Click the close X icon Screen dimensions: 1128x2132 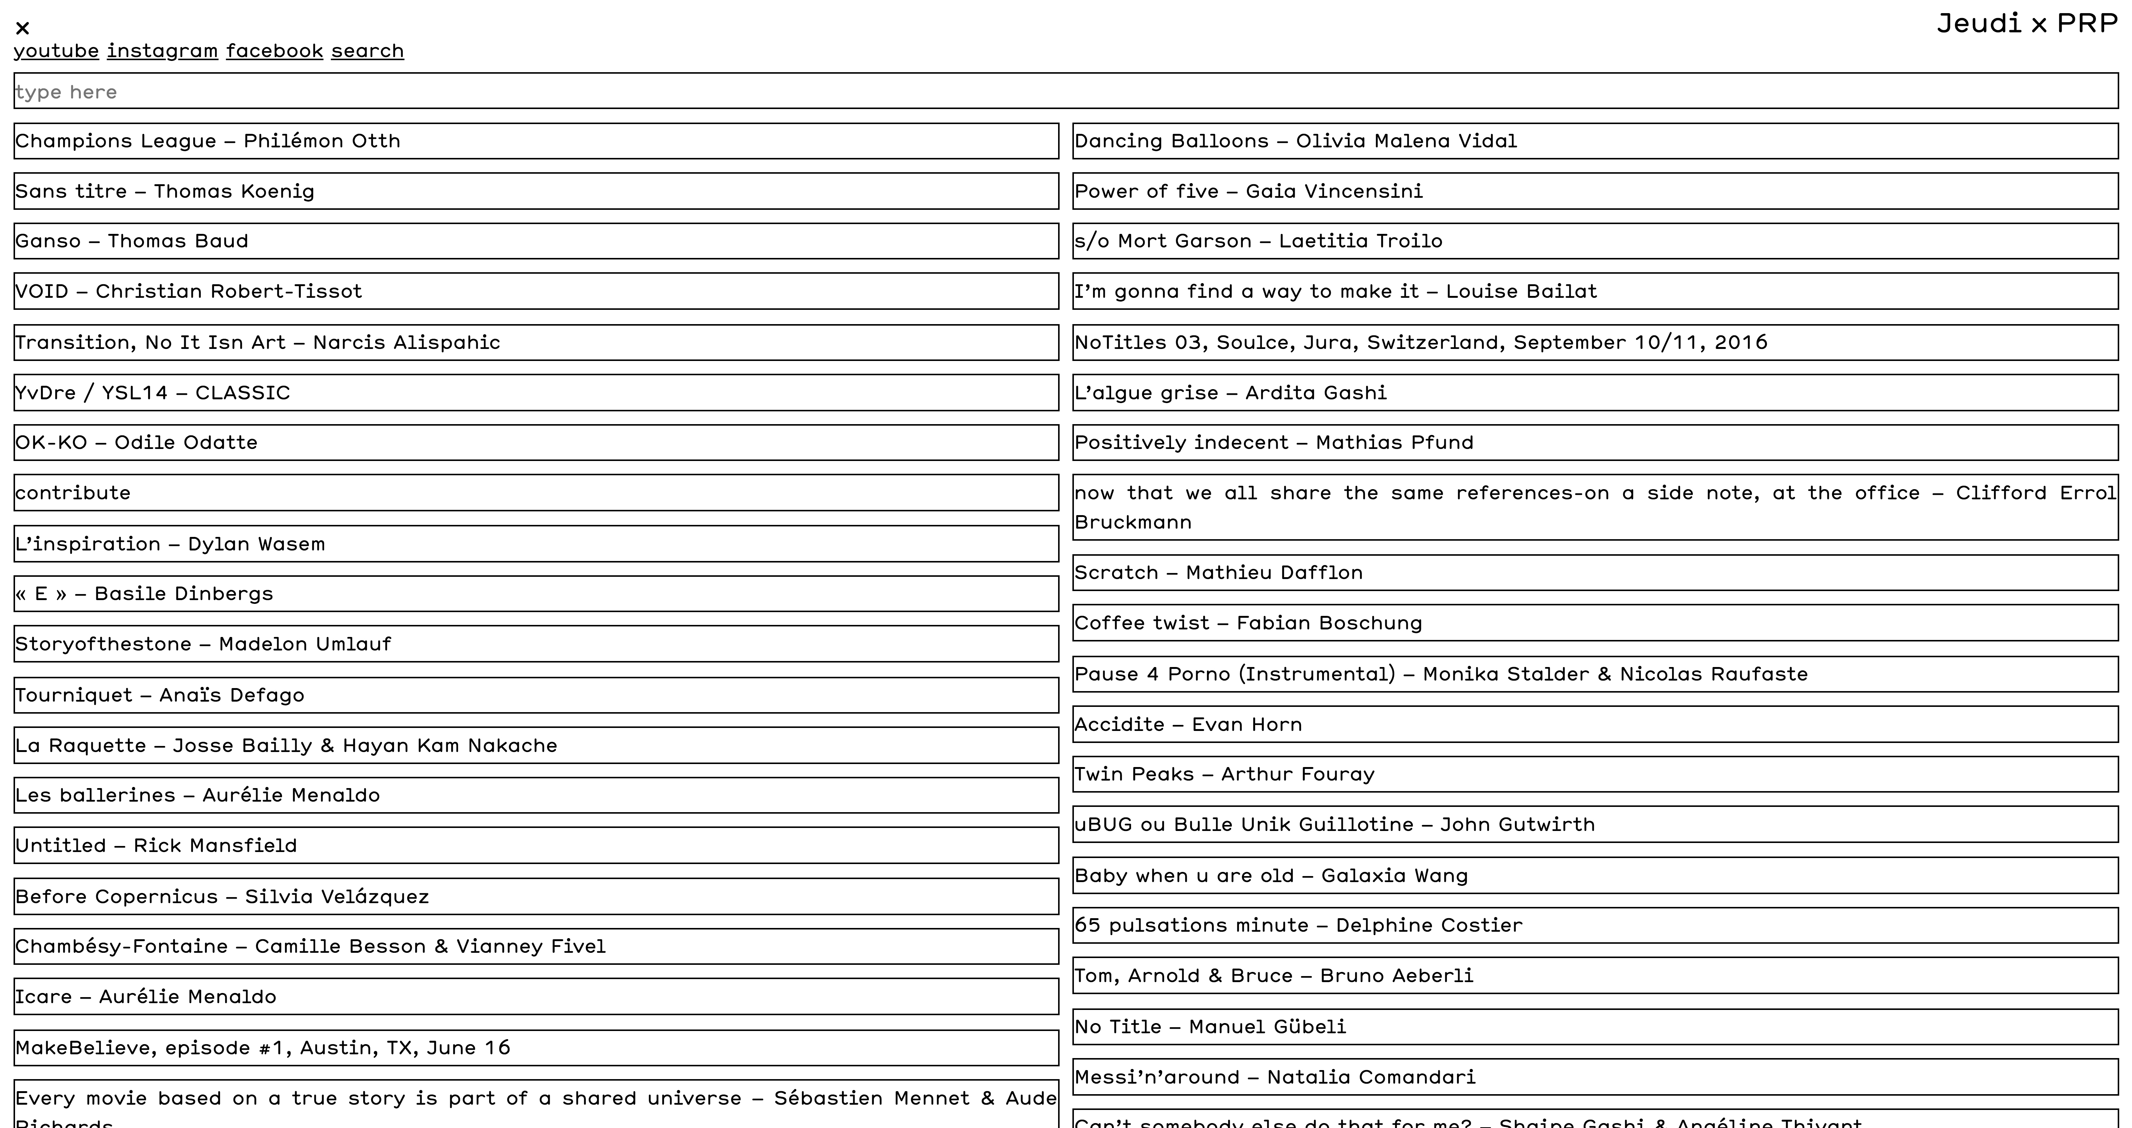click(x=22, y=28)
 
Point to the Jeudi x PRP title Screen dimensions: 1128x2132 click(x=2026, y=23)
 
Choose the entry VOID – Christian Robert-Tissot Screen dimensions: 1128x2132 click(x=189, y=291)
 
